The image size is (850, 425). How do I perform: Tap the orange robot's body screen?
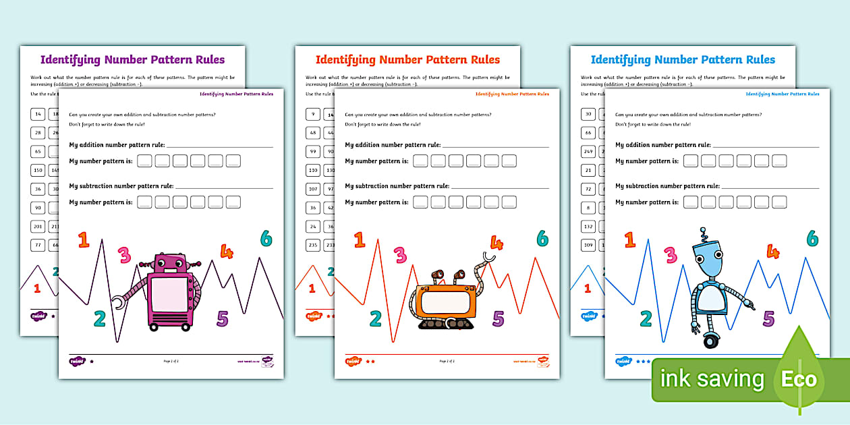[444, 301]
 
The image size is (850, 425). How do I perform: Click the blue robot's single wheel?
[710, 341]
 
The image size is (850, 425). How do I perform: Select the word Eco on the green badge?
[799, 379]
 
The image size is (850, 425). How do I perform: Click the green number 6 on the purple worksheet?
[266, 238]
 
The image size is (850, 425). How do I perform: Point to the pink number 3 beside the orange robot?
[400, 254]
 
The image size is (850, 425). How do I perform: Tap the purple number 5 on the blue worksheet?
[768, 318]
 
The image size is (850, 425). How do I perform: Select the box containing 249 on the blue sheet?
[588, 151]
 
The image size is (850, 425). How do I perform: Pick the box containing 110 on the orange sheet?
[313, 170]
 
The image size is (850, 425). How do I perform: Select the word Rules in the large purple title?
[206, 59]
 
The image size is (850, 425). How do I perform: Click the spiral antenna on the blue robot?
[704, 234]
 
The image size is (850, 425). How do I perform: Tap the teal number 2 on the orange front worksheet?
[376, 318]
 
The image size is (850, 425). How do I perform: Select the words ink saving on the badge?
[712, 379]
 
